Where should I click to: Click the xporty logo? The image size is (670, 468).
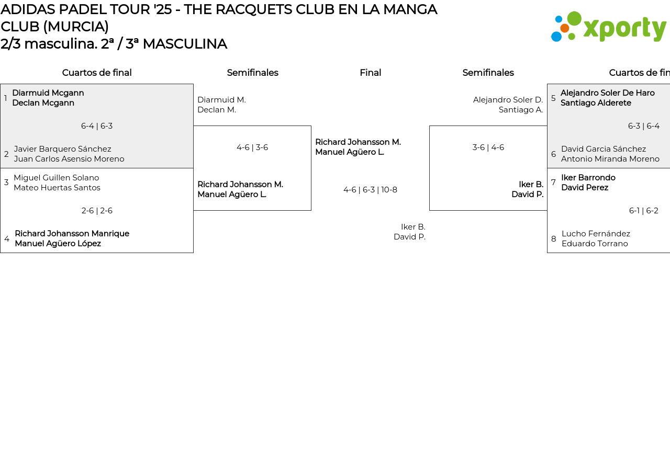click(608, 27)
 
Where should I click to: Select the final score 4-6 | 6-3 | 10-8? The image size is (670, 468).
click(370, 190)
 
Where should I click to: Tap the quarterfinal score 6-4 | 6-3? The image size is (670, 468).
click(97, 126)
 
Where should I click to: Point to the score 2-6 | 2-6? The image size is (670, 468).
click(97, 211)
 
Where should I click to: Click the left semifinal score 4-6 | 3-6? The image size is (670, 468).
click(252, 147)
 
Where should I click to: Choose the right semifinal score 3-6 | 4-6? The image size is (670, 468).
click(488, 147)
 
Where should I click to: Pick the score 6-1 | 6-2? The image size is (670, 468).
click(643, 211)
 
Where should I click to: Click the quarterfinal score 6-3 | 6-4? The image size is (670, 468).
click(643, 126)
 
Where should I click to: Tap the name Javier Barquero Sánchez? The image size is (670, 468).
click(62, 149)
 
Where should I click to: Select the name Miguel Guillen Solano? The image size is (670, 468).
click(56, 178)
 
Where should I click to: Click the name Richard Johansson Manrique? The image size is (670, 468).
click(72, 234)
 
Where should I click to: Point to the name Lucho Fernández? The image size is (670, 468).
click(596, 234)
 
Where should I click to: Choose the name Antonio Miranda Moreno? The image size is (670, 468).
click(610, 159)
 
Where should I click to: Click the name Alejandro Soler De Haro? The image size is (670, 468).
click(607, 93)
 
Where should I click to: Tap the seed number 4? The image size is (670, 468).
click(7, 239)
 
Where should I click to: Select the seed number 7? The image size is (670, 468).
click(553, 182)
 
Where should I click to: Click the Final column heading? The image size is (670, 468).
click(370, 73)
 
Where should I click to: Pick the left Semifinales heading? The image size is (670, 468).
click(252, 73)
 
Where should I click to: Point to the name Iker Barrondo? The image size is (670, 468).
click(588, 178)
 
